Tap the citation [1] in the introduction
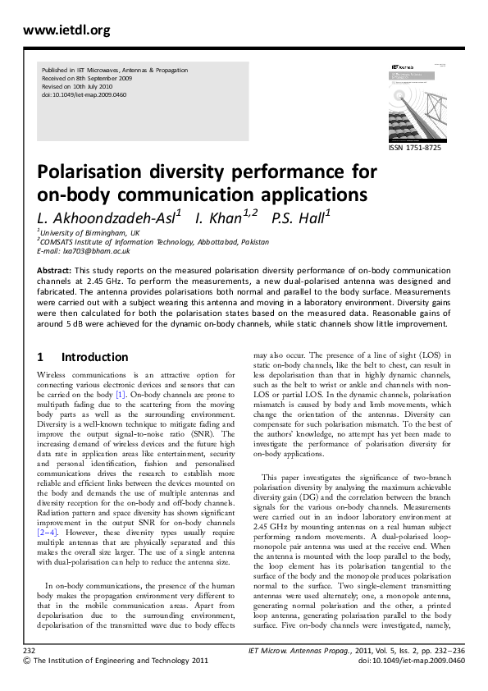pyautogui.click(x=120, y=394)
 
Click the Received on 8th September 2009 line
pyautogui.click(x=86, y=79)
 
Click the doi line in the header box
pyautogui.click(x=84, y=95)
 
